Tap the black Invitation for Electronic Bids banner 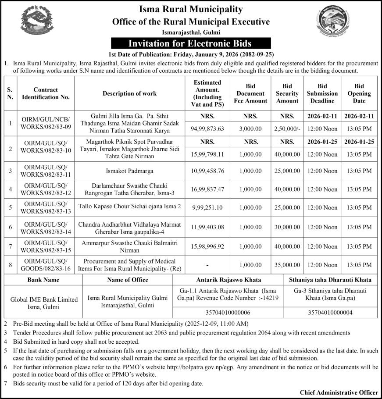191,43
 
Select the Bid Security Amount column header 288,93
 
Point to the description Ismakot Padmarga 129,170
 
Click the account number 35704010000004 330,313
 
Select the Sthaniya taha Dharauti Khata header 330,279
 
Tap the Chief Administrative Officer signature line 339,392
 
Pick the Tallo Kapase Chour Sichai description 129,206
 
